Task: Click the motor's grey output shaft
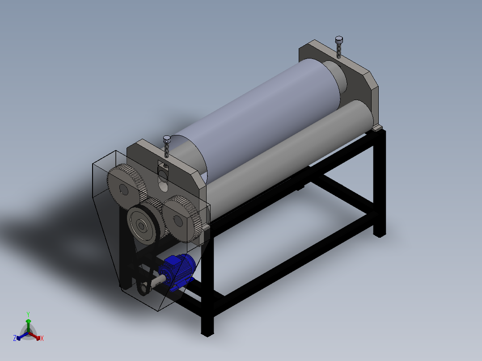tap(157, 281)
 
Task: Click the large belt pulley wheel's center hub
tap(141, 226)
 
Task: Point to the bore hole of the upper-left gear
tap(123, 189)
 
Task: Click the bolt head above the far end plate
tap(338, 40)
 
